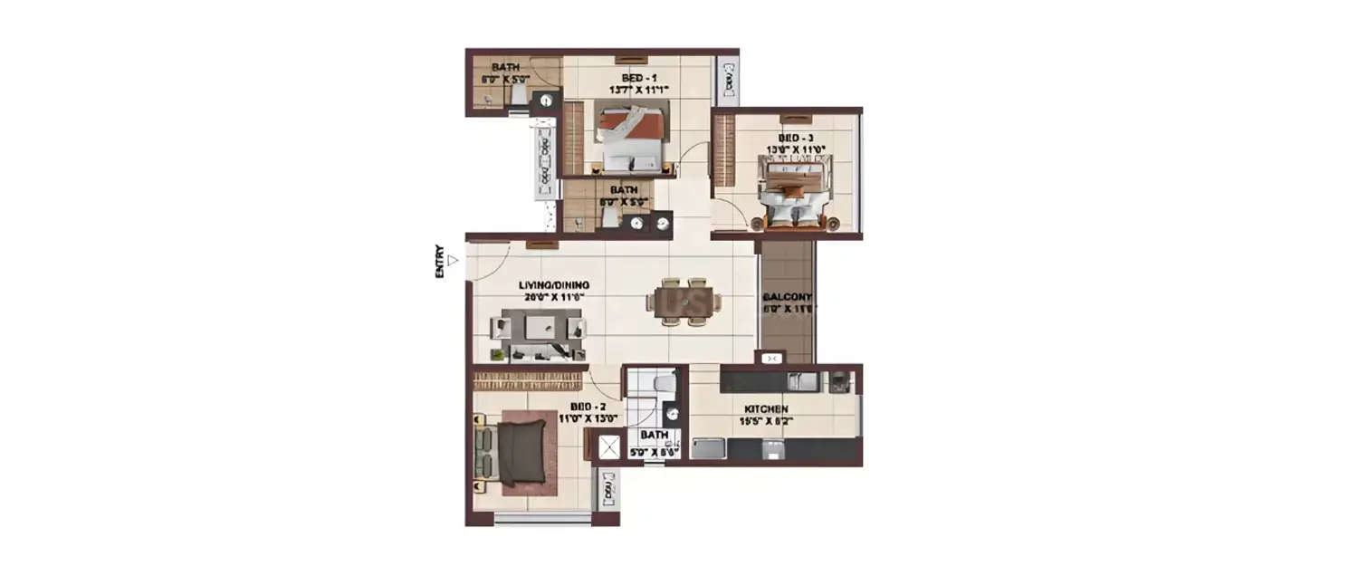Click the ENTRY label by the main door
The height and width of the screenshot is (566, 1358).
click(440, 262)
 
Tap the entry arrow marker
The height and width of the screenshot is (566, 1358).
click(454, 261)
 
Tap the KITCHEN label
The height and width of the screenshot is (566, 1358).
click(766, 409)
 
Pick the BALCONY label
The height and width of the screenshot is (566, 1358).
click(787, 296)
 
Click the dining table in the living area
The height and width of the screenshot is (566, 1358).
click(684, 301)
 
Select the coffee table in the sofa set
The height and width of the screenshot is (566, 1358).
click(540, 329)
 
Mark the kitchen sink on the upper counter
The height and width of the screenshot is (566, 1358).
click(800, 381)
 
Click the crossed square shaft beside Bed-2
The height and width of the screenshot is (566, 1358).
click(608, 446)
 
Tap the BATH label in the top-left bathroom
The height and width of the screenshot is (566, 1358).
click(504, 68)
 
